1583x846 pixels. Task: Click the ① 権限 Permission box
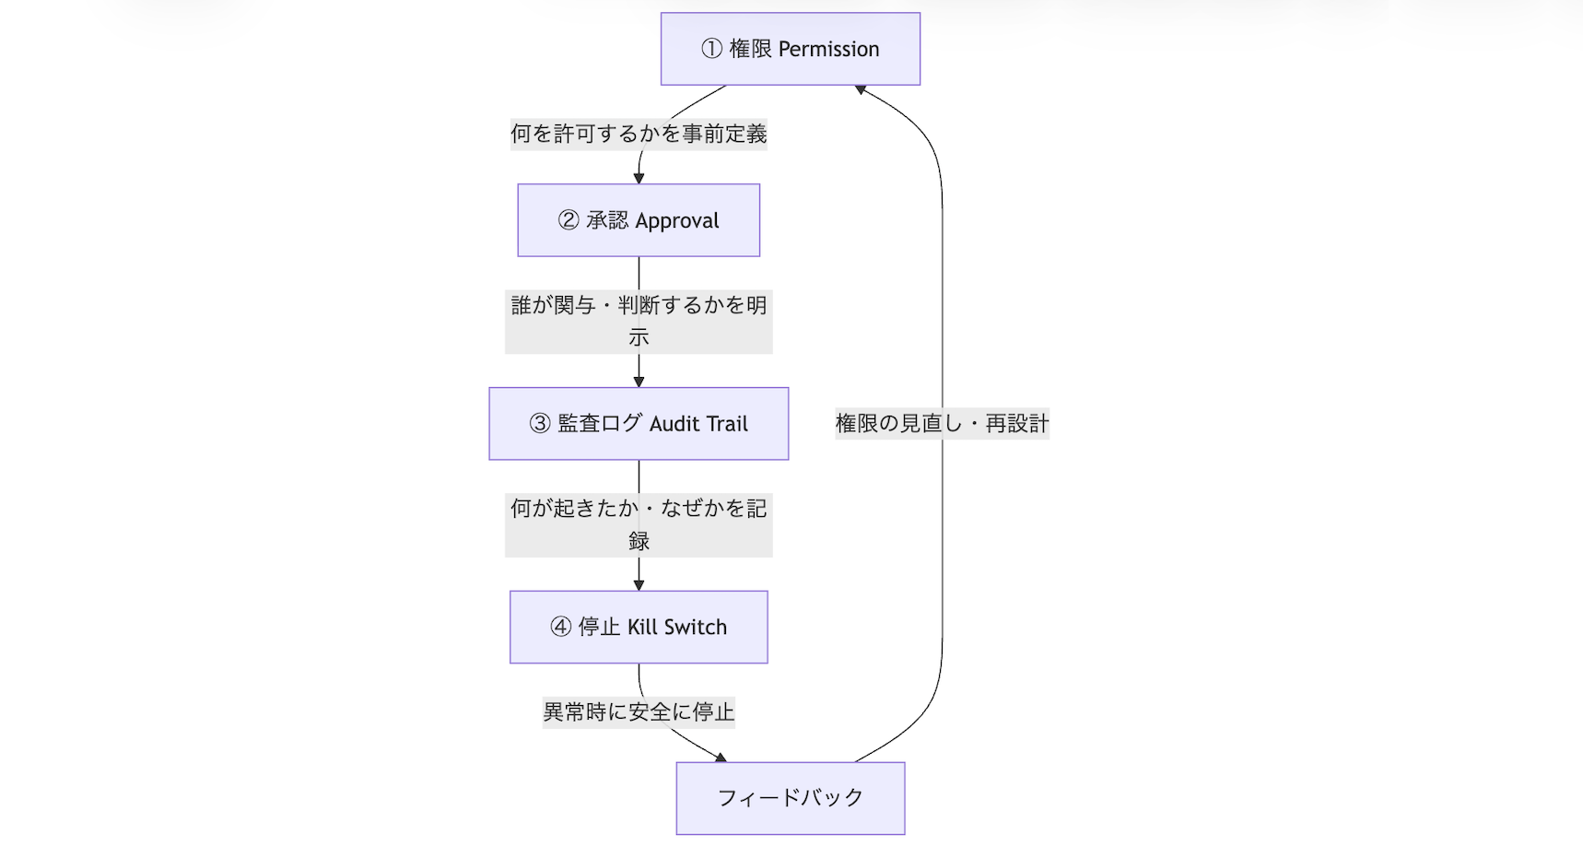pos(790,49)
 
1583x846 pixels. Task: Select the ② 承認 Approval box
pos(639,220)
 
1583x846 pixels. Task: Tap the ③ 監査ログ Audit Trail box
pos(639,424)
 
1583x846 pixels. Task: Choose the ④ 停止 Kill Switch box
pos(639,627)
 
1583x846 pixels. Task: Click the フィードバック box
pos(790,798)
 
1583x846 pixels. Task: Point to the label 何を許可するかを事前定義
pos(639,135)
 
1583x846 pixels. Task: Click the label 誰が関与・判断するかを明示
pos(639,321)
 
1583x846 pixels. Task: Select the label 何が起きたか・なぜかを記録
pos(639,523)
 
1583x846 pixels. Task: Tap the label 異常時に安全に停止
pos(639,711)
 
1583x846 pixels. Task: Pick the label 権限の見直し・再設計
pos(942,424)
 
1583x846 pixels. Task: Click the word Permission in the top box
pos(828,50)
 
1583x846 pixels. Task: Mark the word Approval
pos(677,221)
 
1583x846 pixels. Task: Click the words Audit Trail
pos(698,424)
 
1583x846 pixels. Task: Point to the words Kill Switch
pos(677,628)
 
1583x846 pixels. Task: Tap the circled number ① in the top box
pos(710,49)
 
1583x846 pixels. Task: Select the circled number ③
pos(540,424)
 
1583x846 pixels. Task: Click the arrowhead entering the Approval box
pos(639,178)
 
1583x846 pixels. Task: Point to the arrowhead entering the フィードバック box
pos(721,757)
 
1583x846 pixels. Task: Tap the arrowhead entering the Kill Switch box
pos(639,585)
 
